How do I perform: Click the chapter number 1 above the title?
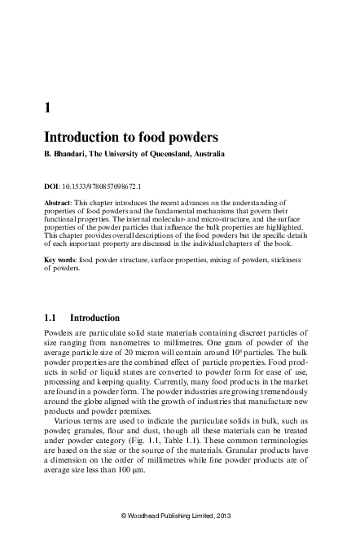[46, 106]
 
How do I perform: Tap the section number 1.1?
[50, 318]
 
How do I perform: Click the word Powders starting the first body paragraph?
[59, 334]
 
